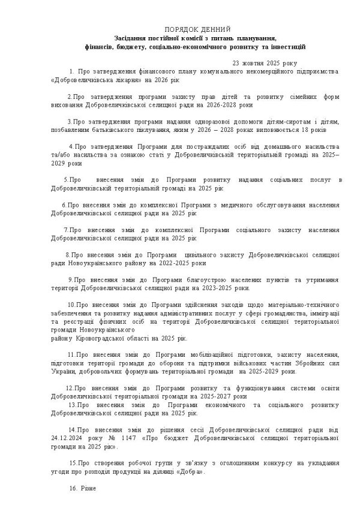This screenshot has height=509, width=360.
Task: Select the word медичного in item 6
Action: coord(202,204)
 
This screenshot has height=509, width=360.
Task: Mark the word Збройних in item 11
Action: coord(309,363)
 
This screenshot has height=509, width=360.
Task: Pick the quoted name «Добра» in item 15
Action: coord(190,472)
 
